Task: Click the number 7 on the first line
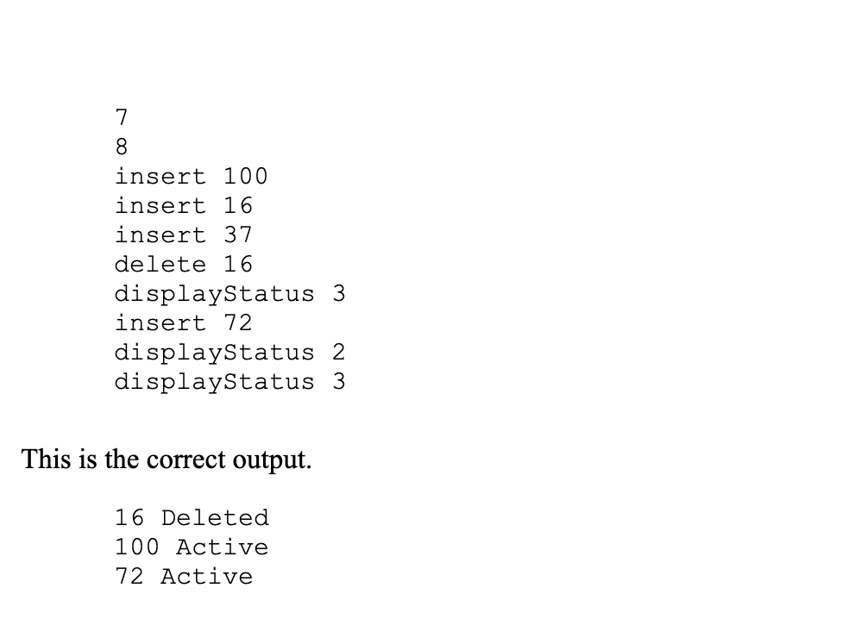(122, 117)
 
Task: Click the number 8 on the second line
(122, 147)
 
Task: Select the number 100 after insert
(246, 176)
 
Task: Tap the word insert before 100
(160, 176)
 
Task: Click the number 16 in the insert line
(238, 205)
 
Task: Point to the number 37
(238, 235)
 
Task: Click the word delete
(160, 264)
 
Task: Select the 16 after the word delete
(238, 264)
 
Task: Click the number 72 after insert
(238, 322)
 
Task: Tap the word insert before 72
(160, 322)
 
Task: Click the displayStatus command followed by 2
(215, 352)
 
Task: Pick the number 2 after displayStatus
(339, 352)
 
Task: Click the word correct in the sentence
(186, 460)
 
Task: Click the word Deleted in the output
(215, 517)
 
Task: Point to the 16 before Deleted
(129, 517)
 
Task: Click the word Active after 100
(223, 547)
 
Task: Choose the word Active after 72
(207, 576)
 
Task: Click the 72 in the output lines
(129, 576)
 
